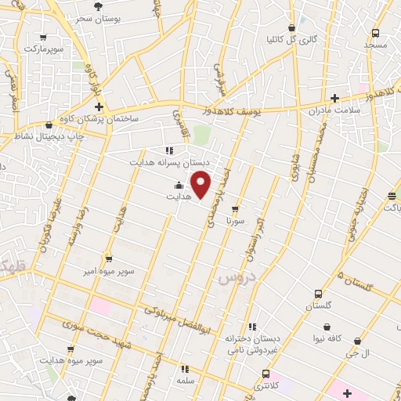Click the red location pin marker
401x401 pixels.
point(201,184)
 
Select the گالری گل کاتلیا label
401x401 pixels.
point(292,38)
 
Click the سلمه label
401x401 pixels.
point(185,380)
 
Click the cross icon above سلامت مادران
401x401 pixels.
point(336,99)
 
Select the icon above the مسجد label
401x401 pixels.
point(376,33)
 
